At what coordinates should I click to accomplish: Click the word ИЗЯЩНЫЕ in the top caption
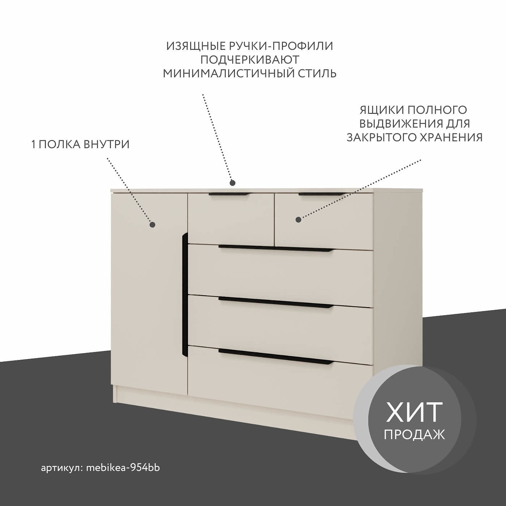tap(196, 46)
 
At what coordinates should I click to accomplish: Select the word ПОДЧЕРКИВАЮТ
tap(250, 60)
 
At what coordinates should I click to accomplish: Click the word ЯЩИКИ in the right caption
tap(382, 110)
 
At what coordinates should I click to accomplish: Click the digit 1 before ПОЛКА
tap(33, 145)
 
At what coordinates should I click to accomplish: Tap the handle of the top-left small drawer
tap(230, 194)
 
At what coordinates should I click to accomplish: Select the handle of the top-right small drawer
tap(322, 194)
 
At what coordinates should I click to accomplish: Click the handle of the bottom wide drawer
tap(276, 357)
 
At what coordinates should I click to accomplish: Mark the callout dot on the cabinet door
tap(152, 225)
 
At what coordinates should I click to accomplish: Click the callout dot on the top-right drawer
tap(298, 219)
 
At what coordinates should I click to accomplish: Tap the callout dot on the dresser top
tap(232, 183)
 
